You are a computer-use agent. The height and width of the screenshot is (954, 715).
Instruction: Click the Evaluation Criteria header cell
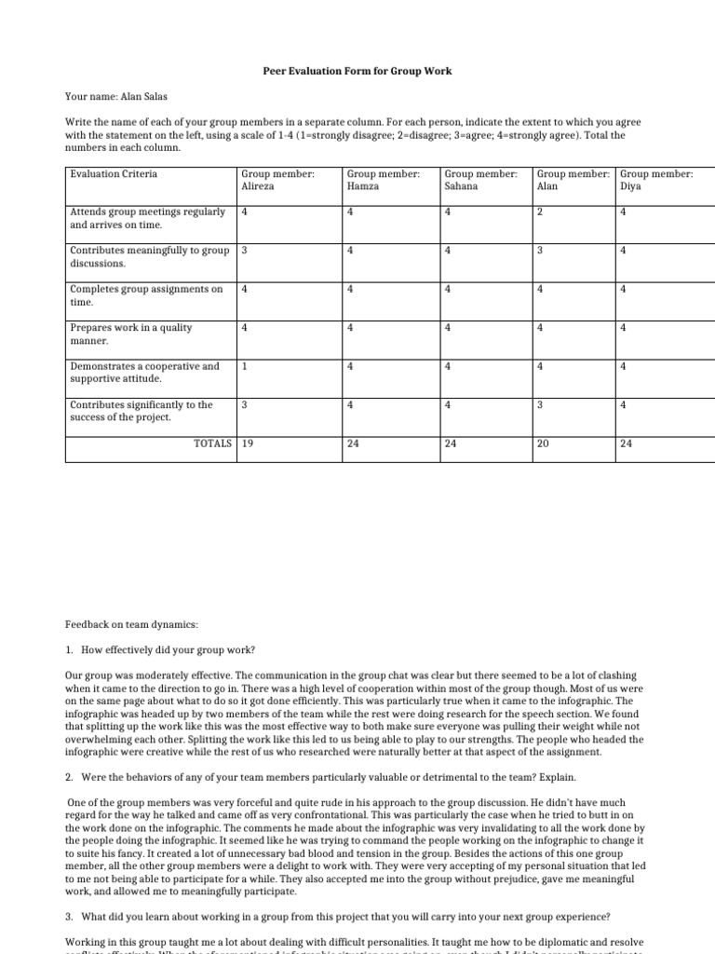click(114, 173)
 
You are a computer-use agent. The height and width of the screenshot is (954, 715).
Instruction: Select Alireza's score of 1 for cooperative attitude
click(245, 366)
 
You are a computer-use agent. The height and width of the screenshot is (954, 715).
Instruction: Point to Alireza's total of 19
click(248, 443)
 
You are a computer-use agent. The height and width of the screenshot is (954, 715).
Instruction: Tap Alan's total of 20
click(544, 443)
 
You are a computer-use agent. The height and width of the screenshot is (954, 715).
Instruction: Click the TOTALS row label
click(213, 443)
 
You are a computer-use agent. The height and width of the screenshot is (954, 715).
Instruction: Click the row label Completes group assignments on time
click(146, 295)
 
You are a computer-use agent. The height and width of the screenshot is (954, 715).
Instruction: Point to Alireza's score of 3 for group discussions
click(245, 251)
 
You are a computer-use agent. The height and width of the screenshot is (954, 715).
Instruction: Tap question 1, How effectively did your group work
click(166, 648)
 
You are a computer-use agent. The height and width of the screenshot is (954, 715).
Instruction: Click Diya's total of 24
click(627, 443)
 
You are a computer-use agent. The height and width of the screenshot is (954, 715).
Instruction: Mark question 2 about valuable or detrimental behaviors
click(320, 776)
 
